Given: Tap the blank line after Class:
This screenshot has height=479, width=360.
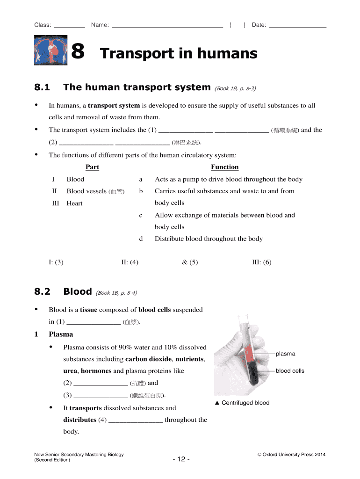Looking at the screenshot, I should (70, 26).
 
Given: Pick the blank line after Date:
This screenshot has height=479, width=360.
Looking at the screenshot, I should (298, 26).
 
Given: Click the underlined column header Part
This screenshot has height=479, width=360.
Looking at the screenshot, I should (92, 167).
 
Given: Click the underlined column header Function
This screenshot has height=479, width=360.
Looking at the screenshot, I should (224, 167).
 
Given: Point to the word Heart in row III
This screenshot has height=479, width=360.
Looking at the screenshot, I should (74, 203).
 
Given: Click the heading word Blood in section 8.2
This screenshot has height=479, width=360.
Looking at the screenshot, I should (78, 291).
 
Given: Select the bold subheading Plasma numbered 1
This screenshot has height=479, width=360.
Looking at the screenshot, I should (61, 334).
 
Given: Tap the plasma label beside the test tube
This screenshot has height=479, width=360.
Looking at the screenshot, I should (285, 354).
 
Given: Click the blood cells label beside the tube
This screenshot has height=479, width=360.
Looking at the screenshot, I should (290, 371).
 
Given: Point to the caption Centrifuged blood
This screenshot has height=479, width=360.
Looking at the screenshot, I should (245, 403).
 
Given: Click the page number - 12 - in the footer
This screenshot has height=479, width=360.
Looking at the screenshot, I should (181, 459).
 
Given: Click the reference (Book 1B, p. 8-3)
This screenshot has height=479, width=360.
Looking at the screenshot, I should (235, 88).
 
